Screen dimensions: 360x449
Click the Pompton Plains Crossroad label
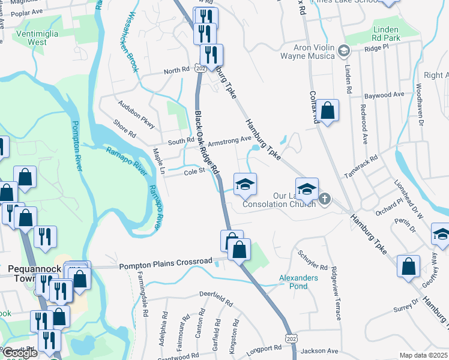pyautogui.click(x=166, y=262)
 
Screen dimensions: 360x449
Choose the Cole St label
pyautogui.click(x=194, y=171)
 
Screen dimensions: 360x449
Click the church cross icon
pyautogui.click(x=325, y=198)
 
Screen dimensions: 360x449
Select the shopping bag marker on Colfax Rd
pyautogui.click(x=327, y=110)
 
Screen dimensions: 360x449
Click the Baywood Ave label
pyautogui.click(x=384, y=95)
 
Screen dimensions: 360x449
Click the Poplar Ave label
pyautogui.click(x=26, y=11)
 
